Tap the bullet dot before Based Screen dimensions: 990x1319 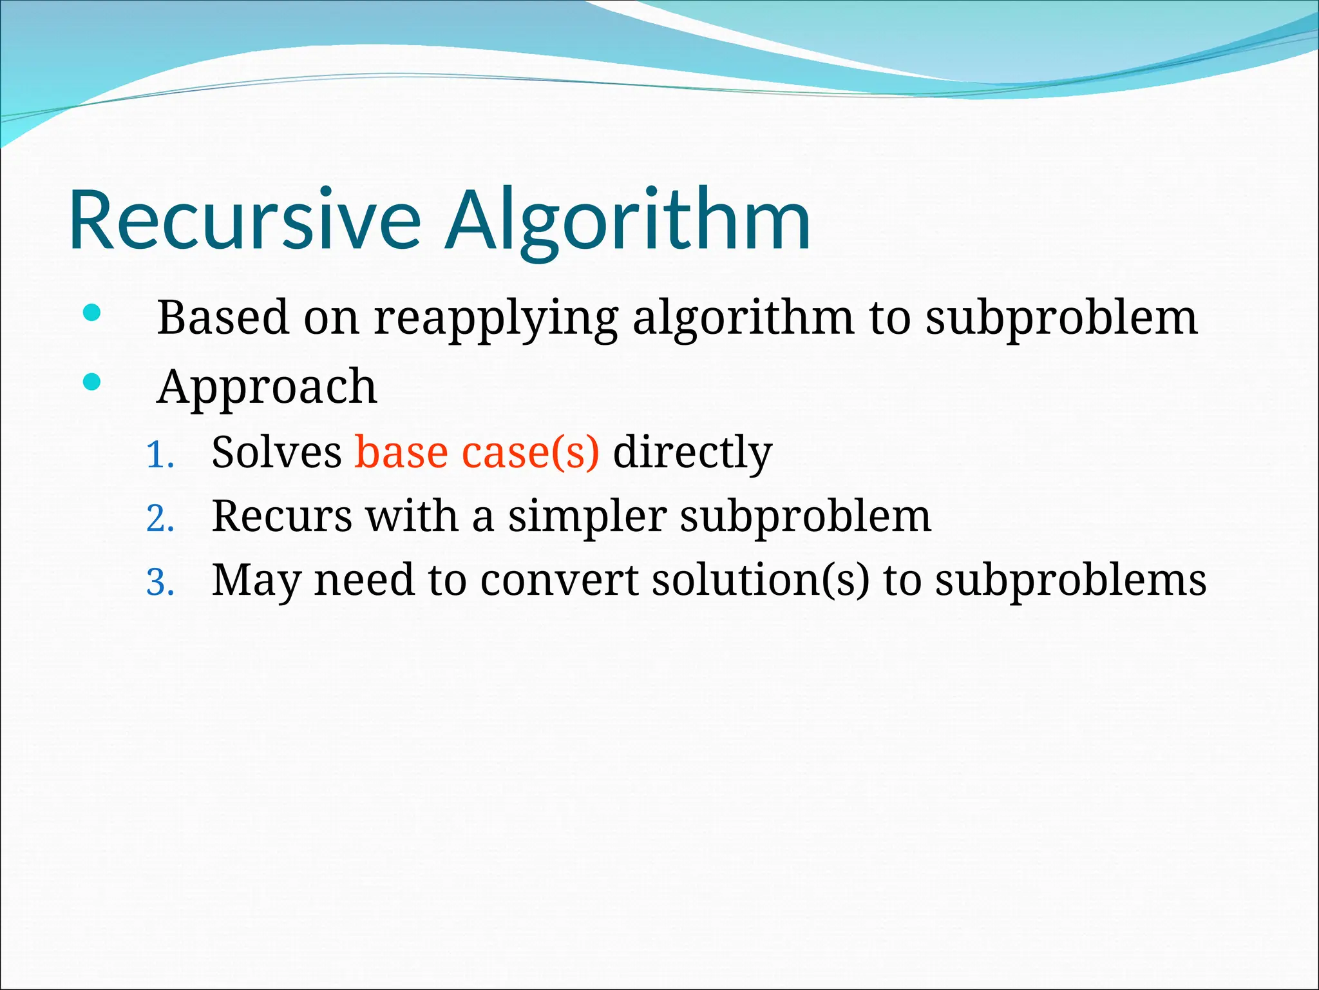92,314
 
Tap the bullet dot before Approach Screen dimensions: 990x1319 92,382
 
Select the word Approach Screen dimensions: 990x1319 267,387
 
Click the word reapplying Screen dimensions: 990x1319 496,319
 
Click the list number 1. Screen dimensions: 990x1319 160,456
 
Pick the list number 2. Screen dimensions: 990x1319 160,519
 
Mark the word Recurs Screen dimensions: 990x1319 282,516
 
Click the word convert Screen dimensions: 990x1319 559,579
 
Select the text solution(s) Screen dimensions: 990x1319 761,579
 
